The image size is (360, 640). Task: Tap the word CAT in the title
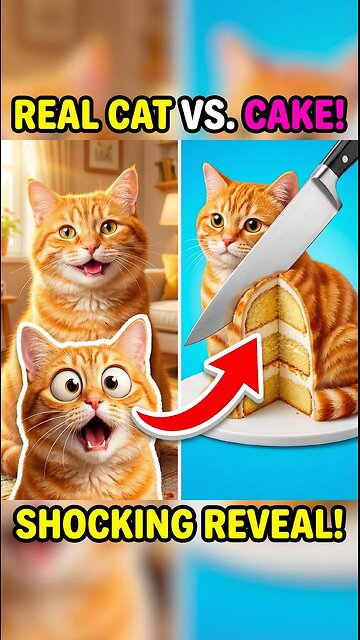[x=140, y=115]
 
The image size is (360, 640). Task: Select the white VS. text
[x=207, y=115]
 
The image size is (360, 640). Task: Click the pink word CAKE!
[x=294, y=115]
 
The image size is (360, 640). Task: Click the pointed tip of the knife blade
[x=187, y=343]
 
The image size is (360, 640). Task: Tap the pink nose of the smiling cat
[x=92, y=248]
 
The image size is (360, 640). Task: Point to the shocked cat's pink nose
[x=95, y=402]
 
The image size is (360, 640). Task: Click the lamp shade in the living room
[x=168, y=209]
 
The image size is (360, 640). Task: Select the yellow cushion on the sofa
[x=169, y=276]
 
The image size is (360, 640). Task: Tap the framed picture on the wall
[x=103, y=156]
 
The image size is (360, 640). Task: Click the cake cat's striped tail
[x=336, y=402]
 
